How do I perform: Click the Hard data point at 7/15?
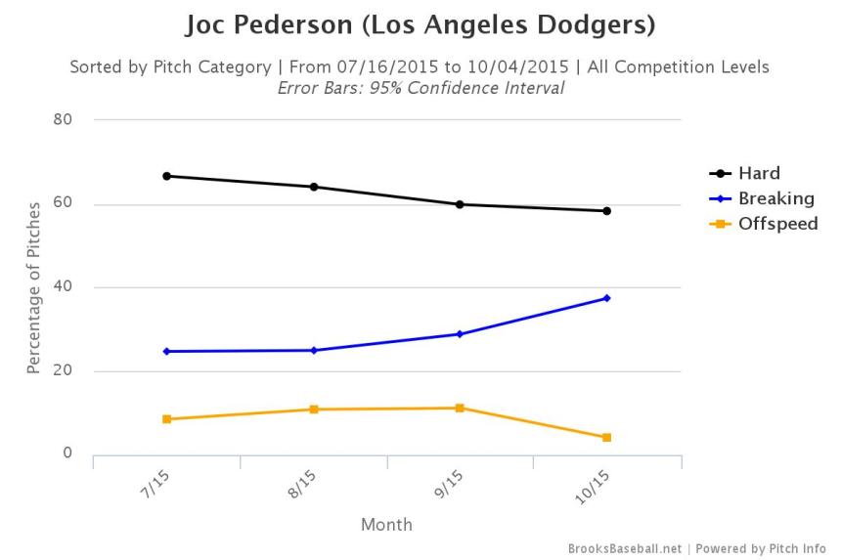[167, 176]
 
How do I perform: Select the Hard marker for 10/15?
[606, 211]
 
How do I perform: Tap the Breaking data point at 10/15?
[606, 298]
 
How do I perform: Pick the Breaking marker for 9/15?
[460, 334]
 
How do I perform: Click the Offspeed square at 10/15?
[606, 438]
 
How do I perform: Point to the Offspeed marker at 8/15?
[314, 409]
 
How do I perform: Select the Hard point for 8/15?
[314, 187]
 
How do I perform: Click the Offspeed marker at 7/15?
[167, 419]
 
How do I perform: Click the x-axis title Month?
[386, 525]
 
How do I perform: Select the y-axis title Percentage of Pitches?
[34, 287]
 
